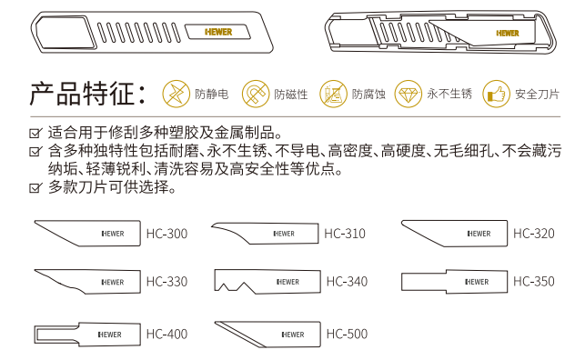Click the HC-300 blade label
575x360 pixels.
[x=166, y=234]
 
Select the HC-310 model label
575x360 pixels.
[x=345, y=234]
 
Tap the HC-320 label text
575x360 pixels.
[x=533, y=234]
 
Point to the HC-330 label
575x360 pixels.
[x=166, y=282]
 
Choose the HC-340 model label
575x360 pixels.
[x=347, y=282]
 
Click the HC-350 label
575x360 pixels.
[x=533, y=282]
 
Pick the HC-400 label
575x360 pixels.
[x=166, y=334]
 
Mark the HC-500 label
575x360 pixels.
[x=347, y=334]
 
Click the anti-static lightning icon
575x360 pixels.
[x=176, y=94]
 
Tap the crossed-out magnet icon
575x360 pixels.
[x=256, y=94]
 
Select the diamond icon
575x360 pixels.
[x=409, y=94]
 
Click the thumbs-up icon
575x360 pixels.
[x=496, y=94]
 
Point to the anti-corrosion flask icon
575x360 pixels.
[x=333, y=94]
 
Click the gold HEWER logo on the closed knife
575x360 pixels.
[x=218, y=32]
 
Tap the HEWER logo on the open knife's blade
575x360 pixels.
[x=508, y=34]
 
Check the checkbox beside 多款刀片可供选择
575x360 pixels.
[x=35, y=187]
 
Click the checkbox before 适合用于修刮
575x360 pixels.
[x=35, y=133]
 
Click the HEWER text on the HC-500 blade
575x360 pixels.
[x=293, y=335]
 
